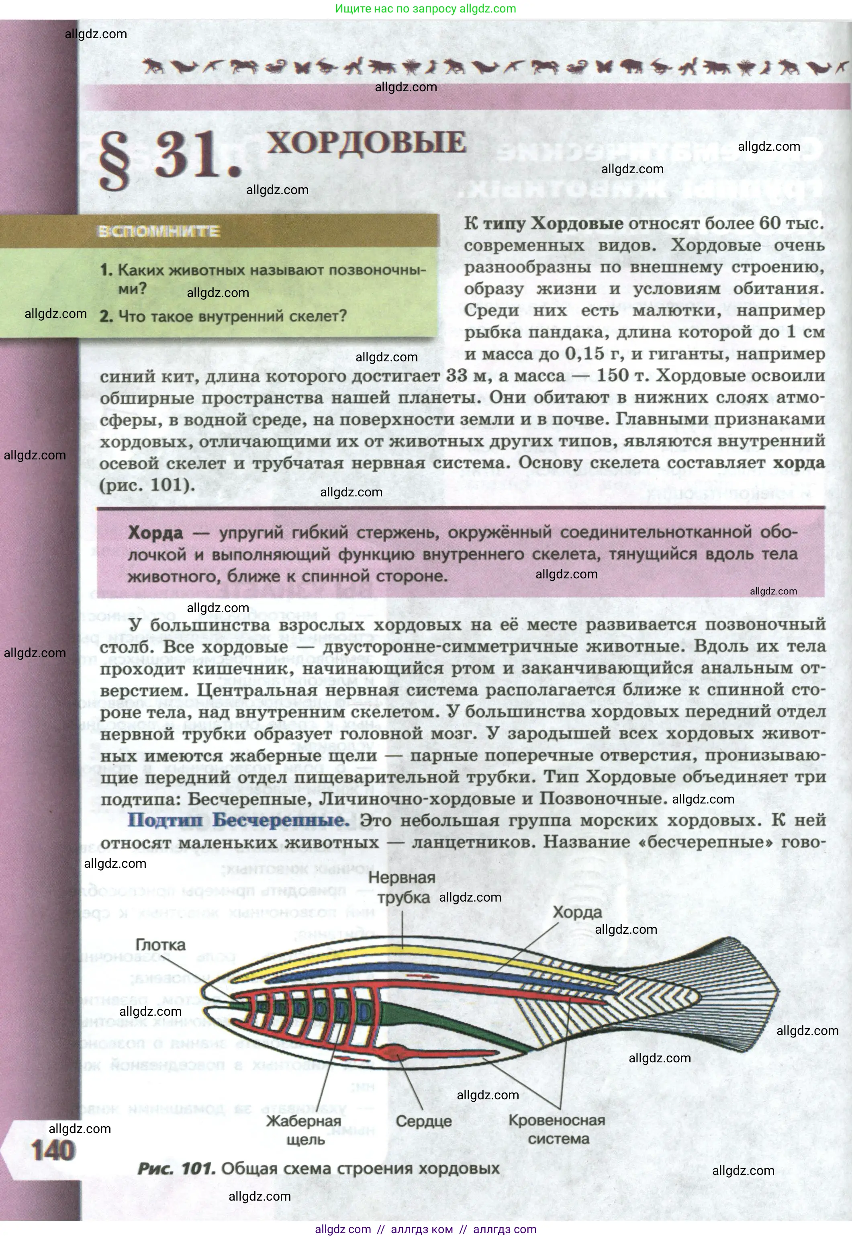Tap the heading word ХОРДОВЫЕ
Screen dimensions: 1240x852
coord(366,143)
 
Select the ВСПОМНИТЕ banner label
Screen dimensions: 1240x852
coord(159,231)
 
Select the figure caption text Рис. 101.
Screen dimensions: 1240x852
coord(176,1169)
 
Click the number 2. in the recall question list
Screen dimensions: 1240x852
coord(106,316)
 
